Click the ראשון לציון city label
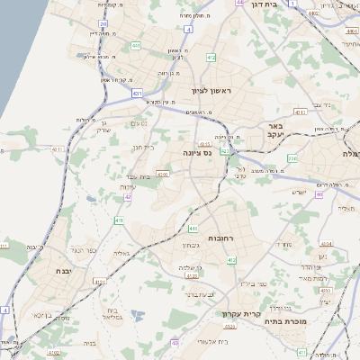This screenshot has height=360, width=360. pyautogui.click(x=211, y=91)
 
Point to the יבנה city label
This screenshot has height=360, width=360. pyautogui.click(x=63, y=270)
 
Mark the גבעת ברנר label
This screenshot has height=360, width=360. pyautogui.click(x=188, y=293)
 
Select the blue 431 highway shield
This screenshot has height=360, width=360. pyautogui.click(x=138, y=93)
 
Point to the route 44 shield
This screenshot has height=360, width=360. pyautogui.click(x=239, y=3)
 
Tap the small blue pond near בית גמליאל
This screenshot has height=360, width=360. pyautogui.click(x=137, y=314)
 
